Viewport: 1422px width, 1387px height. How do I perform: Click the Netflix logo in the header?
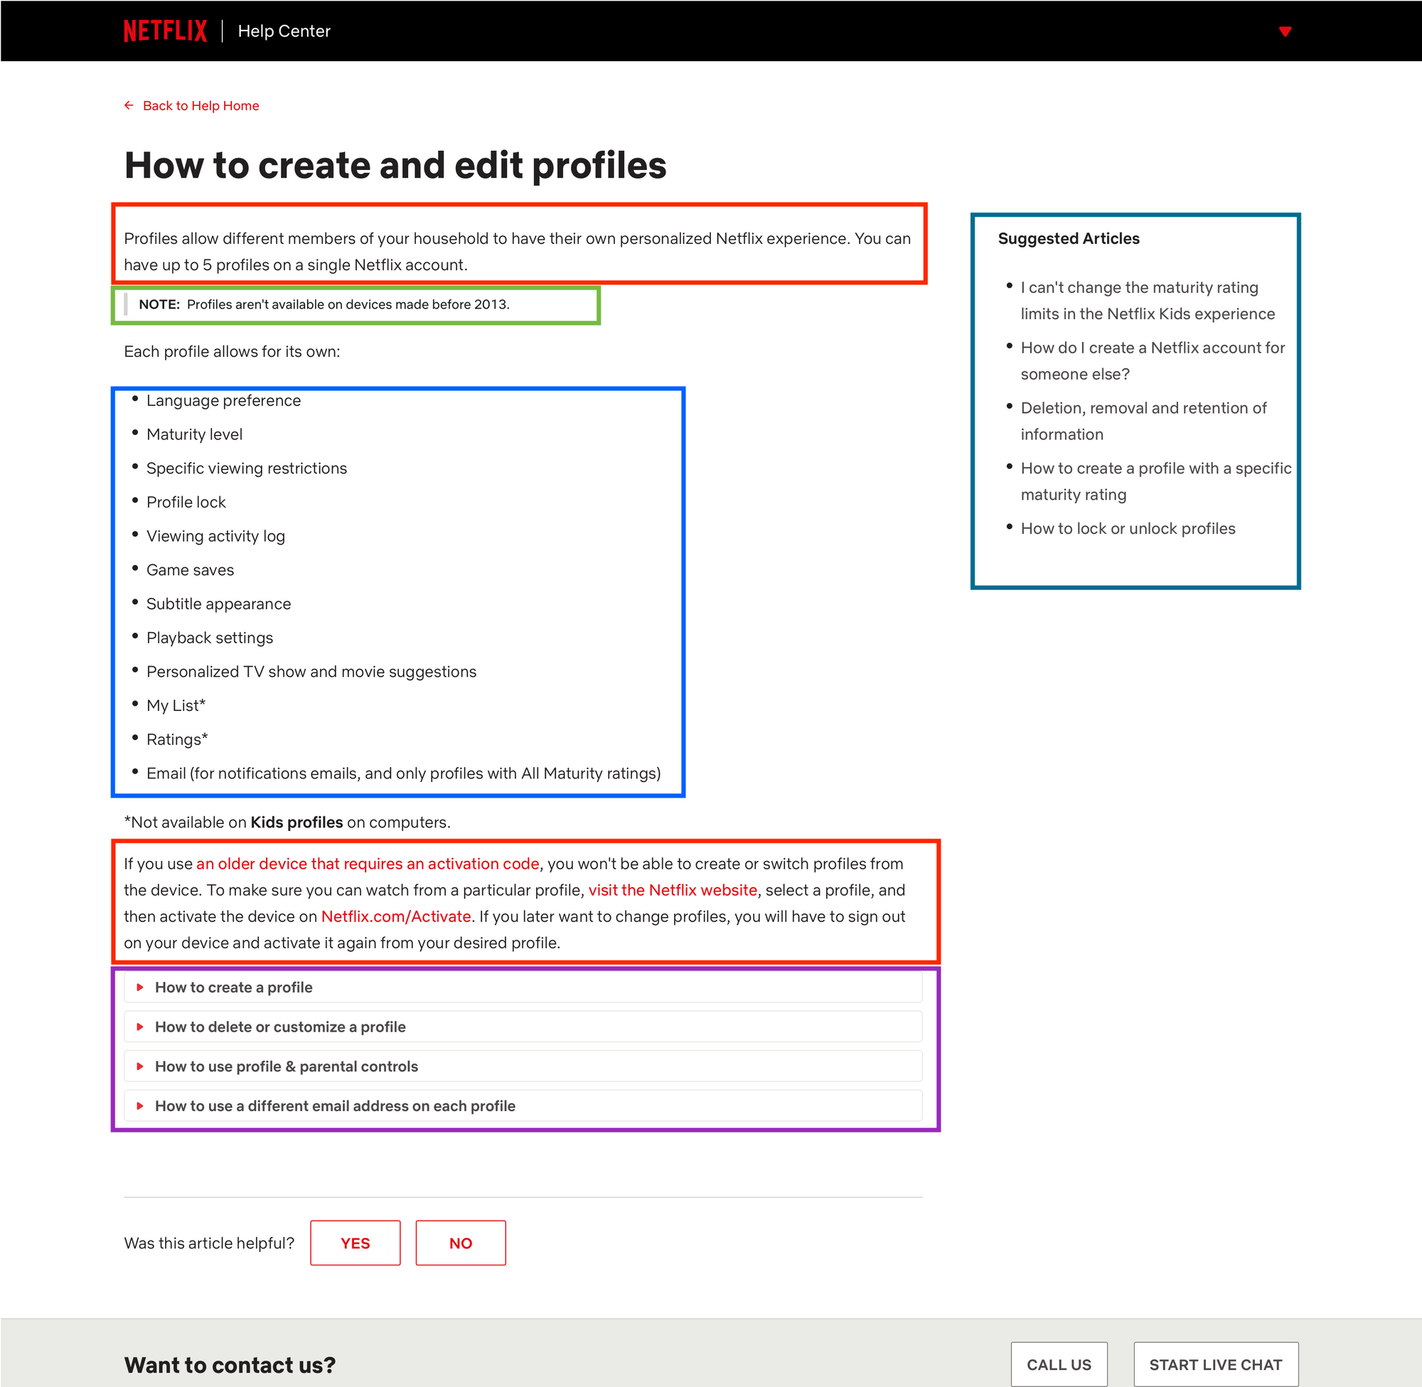(166, 31)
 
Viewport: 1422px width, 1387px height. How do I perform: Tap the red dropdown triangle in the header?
(1285, 31)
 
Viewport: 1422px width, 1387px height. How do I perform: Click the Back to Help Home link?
(201, 106)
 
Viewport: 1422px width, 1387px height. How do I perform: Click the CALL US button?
(1059, 1364)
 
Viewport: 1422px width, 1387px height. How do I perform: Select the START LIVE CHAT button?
(1215, 1364)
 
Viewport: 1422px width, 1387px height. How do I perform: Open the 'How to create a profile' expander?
(233, 987)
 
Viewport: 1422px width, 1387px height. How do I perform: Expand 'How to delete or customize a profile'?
(279, 1027)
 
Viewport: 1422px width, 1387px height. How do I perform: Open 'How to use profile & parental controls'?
(287, 1066)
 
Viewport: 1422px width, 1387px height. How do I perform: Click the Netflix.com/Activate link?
(395, 916)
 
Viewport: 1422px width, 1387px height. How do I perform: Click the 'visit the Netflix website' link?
(673, 890)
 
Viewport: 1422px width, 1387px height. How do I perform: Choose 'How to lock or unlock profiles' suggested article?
(1128, 528)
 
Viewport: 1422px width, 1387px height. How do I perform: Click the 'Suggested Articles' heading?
(1068, 238)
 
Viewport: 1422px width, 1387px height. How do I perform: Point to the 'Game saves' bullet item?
(190, 569)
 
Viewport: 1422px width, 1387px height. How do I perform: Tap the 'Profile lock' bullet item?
(186, 502)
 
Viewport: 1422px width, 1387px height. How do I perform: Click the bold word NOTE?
(159, 304)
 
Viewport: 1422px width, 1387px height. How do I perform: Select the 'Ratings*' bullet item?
(177, 739)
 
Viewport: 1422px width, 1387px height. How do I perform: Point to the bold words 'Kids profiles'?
(296, 823)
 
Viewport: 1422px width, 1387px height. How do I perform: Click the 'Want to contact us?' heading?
(230, 1364)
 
